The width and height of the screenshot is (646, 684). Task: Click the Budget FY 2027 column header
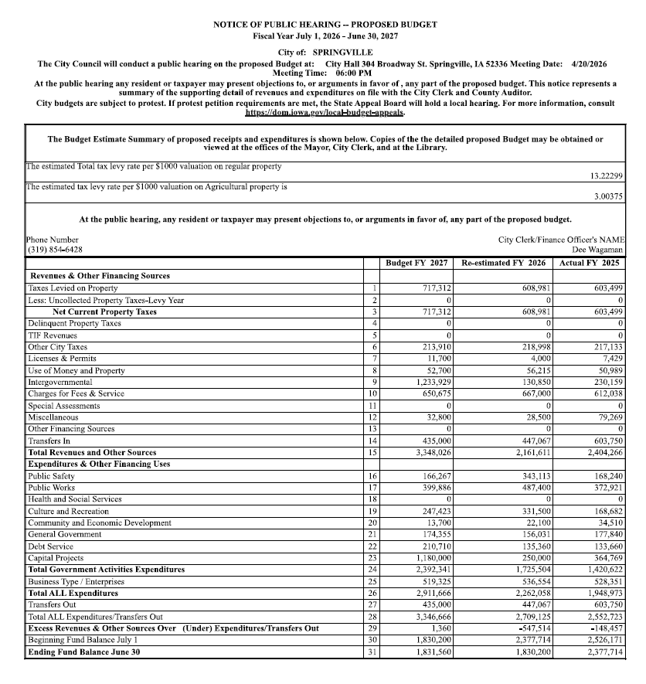pos(416,264)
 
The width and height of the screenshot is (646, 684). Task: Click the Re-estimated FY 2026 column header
pos(503,264)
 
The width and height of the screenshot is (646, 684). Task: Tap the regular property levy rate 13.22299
pos(607,176)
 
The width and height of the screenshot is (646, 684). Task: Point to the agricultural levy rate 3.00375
pos(609,197)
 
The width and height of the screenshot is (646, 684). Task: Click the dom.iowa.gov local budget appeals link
pos(325,112)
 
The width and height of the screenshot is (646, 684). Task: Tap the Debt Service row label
pos(49,546)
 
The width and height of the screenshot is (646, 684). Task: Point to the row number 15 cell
pos(373,452)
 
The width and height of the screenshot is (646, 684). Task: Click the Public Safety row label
pos(51,476)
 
